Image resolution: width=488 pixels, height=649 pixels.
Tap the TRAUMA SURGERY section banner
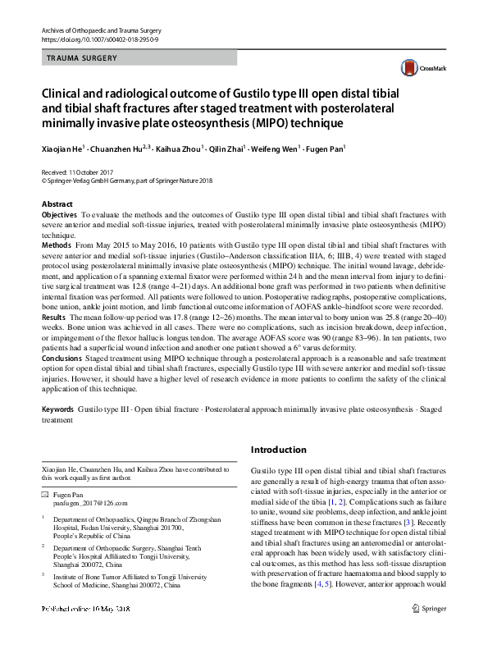(x=82, y=58)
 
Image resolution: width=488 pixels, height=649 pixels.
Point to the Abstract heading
(x=58, y=203)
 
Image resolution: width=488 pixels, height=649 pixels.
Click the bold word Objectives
(x=59, y=214)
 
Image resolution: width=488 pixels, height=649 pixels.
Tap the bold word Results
(x=54, y=316)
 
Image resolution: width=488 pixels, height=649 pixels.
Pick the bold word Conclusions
(x=62, y=359)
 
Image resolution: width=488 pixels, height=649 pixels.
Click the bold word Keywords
(x=60, y=409)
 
